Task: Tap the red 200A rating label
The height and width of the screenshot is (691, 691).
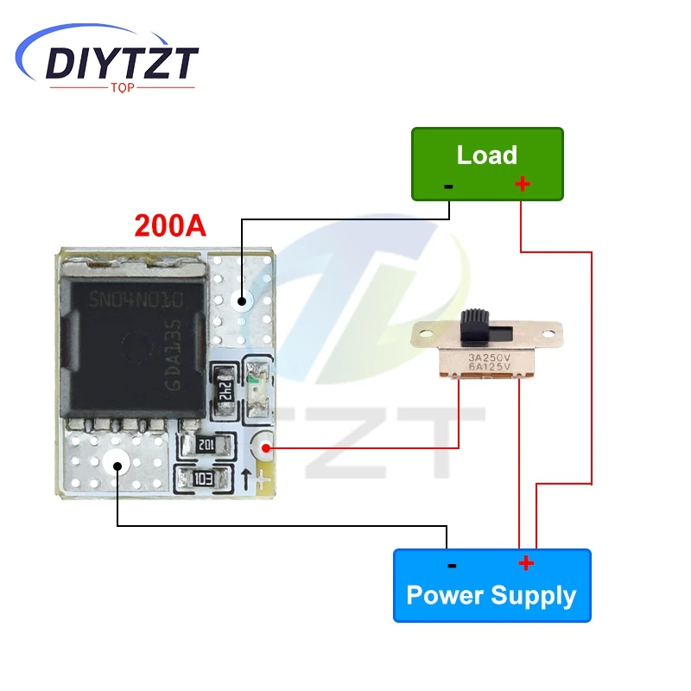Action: [170, 225]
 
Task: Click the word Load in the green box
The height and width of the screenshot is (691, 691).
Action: [486, 155]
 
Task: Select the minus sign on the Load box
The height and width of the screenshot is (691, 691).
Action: [448, 186]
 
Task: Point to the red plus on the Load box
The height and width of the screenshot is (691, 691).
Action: [522, 184]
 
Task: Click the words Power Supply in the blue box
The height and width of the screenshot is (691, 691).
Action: [491, 595]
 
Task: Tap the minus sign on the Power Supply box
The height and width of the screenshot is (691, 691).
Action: [451, 566]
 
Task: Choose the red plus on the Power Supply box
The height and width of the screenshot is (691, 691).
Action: [525, 564]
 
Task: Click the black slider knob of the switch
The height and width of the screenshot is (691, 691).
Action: [474, 325]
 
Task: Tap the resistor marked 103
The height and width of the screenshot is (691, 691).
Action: [203, 479]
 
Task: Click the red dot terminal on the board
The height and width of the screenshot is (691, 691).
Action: [265, 447]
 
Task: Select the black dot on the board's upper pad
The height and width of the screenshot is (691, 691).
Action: [242, 302]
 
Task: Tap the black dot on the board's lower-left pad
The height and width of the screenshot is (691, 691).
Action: [117, 464]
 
